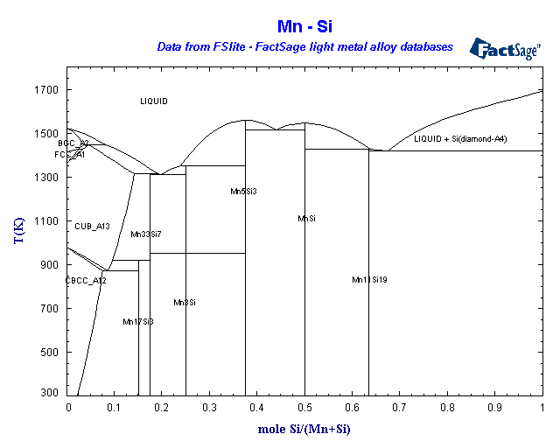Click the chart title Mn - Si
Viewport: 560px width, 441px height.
click(x=305, y=27)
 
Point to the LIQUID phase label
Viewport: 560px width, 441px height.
click(x=154, y=101)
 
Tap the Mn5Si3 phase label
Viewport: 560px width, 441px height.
click(x=244, y=191)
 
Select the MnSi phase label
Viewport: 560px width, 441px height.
click(x=306, y=219)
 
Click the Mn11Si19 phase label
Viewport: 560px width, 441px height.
click(x=369, y=280)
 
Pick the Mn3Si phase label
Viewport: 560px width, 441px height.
click(x=184, y=303)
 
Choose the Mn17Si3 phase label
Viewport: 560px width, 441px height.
click(x=138, y=322)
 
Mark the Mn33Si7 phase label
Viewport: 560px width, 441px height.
click(x=146, y=234)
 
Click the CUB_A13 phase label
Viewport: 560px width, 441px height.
click(x=92, y=227)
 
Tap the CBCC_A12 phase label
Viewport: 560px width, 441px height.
click(x=86, y=281)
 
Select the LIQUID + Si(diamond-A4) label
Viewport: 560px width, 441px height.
click(x=461, y=139)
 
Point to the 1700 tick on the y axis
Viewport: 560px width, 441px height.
click(x=46, y=90)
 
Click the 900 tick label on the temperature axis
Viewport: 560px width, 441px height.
click(x=49, y=265)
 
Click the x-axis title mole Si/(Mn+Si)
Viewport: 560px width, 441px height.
click(x=305, y=429)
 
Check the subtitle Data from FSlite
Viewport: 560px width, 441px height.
click(x=304, y=46)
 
